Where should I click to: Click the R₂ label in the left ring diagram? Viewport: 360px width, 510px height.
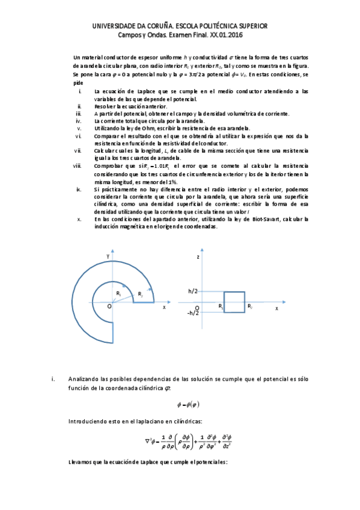click(139, 294)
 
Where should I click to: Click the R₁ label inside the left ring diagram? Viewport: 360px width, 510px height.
click(119, 293)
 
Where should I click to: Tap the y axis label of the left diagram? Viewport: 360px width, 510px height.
click(108, 257)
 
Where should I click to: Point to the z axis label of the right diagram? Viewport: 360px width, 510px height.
click(197, 257)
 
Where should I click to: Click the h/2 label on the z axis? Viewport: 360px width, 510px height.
click(193, 291)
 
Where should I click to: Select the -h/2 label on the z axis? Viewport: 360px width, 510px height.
click(192, 313)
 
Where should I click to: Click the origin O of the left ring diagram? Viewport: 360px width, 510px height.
click(109, 307)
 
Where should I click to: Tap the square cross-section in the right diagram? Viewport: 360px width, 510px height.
click(234, 301)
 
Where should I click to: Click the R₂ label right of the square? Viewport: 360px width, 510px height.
click(249, 307)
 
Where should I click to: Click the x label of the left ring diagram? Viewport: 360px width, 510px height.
click(164, 307)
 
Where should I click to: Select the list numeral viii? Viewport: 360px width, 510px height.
click(76, 165)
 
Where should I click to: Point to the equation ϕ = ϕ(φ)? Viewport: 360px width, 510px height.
click(180, 404)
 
